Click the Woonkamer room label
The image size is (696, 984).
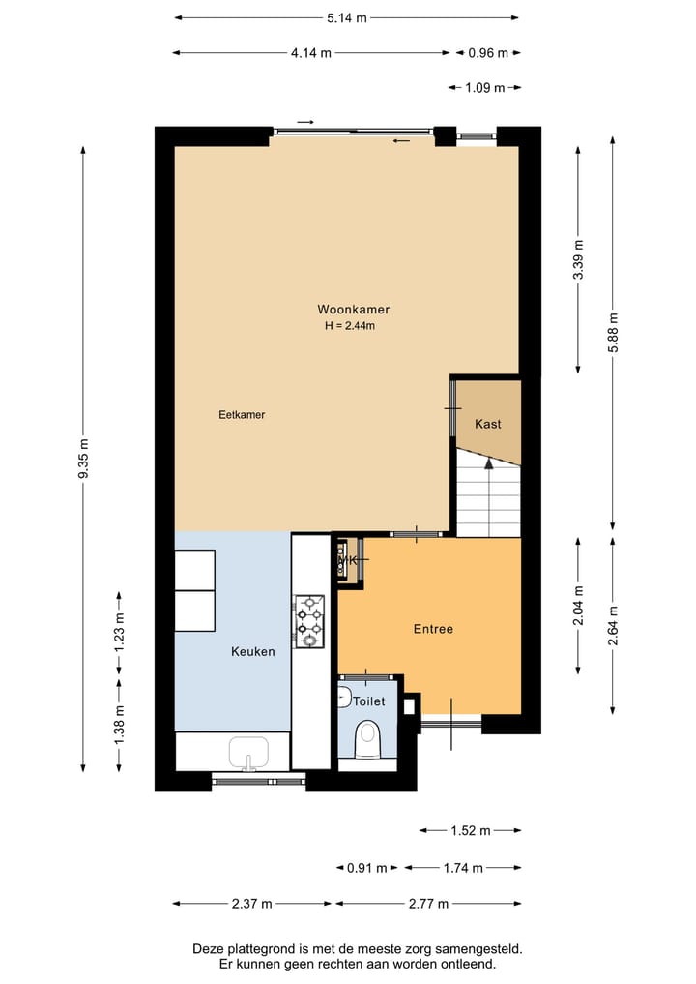(x=353, y=310)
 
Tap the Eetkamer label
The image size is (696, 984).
(x=242, y=415)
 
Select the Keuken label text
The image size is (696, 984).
(x=253, y=651)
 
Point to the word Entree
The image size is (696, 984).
(x=433, y=629)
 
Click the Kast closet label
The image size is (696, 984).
(x=488, y=424)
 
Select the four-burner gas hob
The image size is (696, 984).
(x=309, y=621)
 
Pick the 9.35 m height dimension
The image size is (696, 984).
(x=83, y=459)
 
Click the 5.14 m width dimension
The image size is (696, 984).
(x=347, y=17)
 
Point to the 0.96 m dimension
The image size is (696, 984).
(x=488, y=52)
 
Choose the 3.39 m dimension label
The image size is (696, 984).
(x=578, y=260)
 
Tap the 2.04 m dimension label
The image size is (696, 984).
(x=578, y=606)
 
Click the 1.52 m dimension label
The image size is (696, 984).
(x=470, y=830)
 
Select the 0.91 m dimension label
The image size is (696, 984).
(x=366, y=868)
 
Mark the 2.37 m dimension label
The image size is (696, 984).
(x=252, y=904)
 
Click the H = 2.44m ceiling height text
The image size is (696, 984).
(x=350, y=326)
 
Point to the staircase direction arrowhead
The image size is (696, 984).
(x=488, y=463)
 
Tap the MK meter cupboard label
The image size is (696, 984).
(x=348, y=560)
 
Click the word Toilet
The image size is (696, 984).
(x=368, y=701)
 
